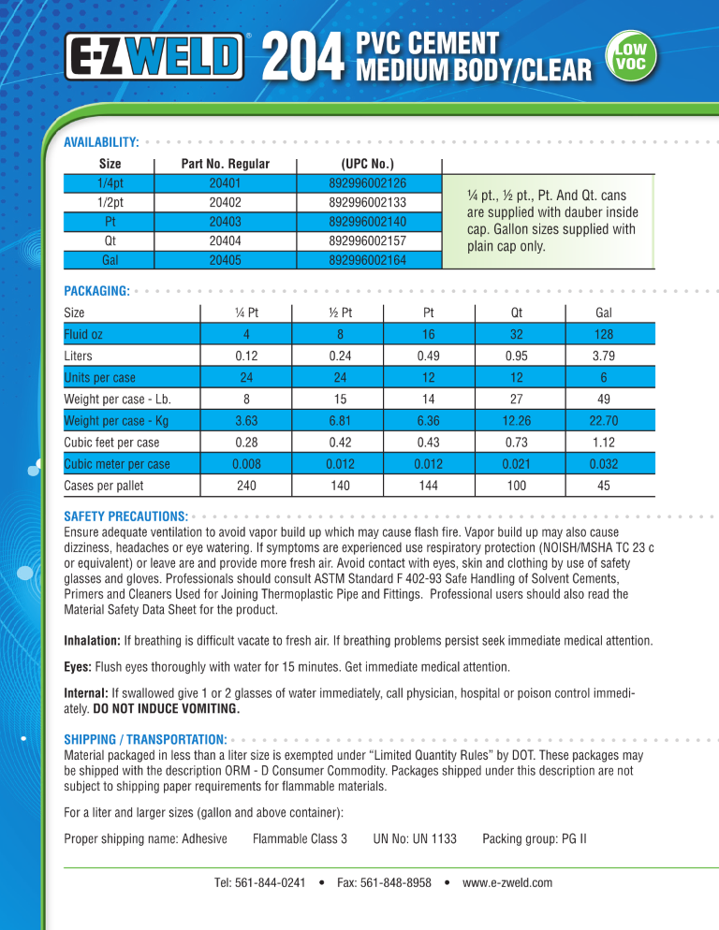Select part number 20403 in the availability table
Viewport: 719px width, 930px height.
[x=225, y=222]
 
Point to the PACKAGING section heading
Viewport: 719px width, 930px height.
[x=95, y=292]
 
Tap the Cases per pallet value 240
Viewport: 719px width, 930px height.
[x=247, y=486]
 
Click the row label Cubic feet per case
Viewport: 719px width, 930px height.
[x=111, y=443]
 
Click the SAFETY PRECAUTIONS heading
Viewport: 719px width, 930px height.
[x=125, y=516]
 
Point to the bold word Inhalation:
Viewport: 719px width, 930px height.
[x=91, y=641]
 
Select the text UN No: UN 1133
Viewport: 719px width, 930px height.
[x=415, y=838]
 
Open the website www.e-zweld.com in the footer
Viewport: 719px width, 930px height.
[x=507, y=882]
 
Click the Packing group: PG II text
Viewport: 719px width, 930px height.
[x=534, y=838]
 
